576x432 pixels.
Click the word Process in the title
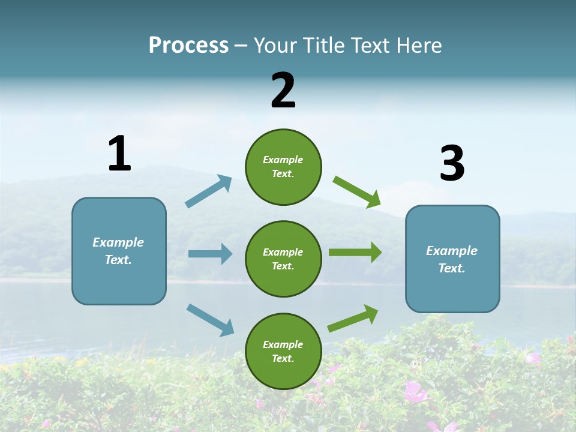(x=188, y=45)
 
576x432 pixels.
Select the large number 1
(x=119, y=154)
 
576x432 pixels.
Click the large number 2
(x=283, y=91)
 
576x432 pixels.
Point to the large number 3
(x=452, y=164)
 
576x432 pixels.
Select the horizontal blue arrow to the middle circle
(x=210, y=254)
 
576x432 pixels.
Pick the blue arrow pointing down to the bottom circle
(x=210, y=319)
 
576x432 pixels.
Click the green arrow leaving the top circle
(x=357, y=192)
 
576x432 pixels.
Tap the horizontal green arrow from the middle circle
(x=355, y=253)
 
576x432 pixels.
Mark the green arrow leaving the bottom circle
(x=353, y=318)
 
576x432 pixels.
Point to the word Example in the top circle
(x=283, y=160)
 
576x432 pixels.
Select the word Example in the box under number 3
(x=452, y=251)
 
